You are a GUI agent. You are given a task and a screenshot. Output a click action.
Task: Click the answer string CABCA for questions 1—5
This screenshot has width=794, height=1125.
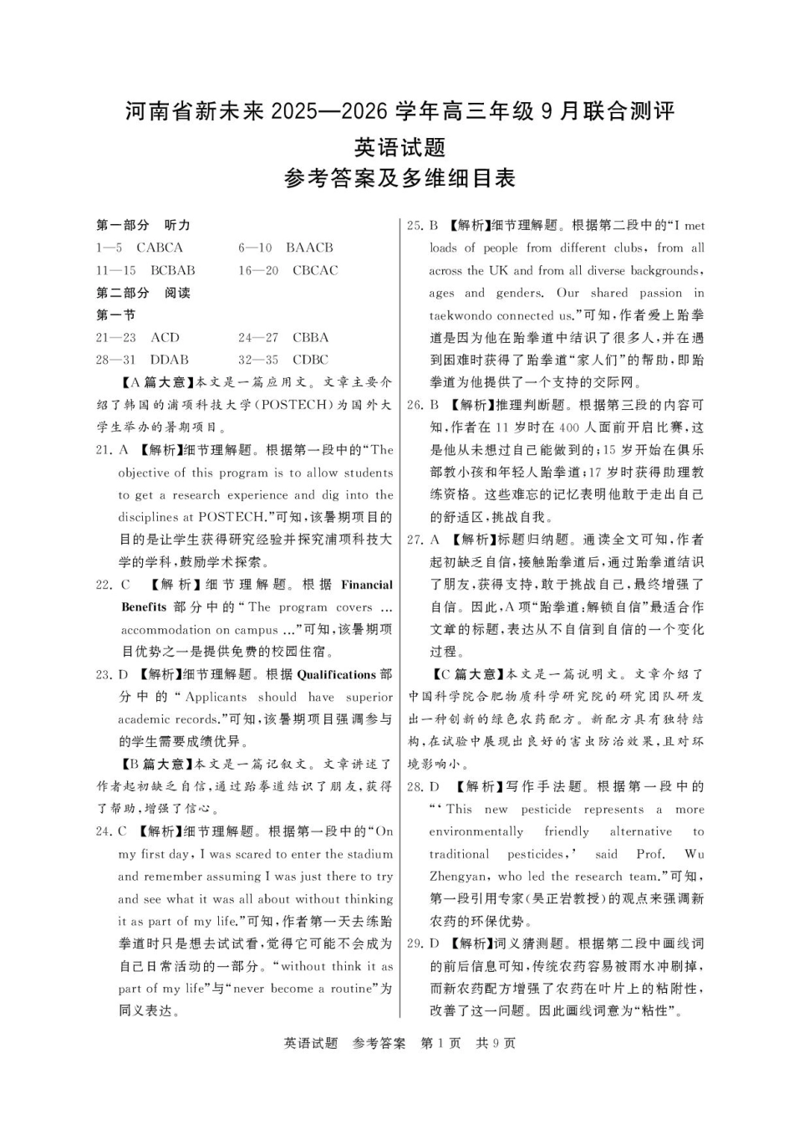tap(159, 248)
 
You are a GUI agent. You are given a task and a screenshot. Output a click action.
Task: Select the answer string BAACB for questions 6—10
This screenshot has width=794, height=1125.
tap(308, 248)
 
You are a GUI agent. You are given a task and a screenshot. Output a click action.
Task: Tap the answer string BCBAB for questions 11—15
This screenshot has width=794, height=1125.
tap(172, 270)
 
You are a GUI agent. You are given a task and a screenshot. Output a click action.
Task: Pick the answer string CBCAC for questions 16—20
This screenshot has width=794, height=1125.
tap(315, 270)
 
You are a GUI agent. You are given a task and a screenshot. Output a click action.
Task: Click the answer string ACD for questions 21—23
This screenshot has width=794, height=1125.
tap(165, 337)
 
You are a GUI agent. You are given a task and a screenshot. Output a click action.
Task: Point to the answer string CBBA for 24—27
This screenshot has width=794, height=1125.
tap(310, 337)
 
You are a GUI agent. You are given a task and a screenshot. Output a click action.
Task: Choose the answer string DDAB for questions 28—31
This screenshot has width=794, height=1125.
tap(169, 360)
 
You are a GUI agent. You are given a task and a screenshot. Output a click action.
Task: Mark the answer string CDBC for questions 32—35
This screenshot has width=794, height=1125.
tap(310, 360)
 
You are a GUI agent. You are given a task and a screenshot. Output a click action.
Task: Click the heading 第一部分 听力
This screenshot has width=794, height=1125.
tap(144, 225)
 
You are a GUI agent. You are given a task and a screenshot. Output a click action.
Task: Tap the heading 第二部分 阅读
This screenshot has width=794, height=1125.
tap(144, 293)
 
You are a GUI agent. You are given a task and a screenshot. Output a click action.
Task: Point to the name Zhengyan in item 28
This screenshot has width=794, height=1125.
tap(459, 877)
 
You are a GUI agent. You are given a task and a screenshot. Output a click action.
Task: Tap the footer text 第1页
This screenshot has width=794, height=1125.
tap(440, 1043)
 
